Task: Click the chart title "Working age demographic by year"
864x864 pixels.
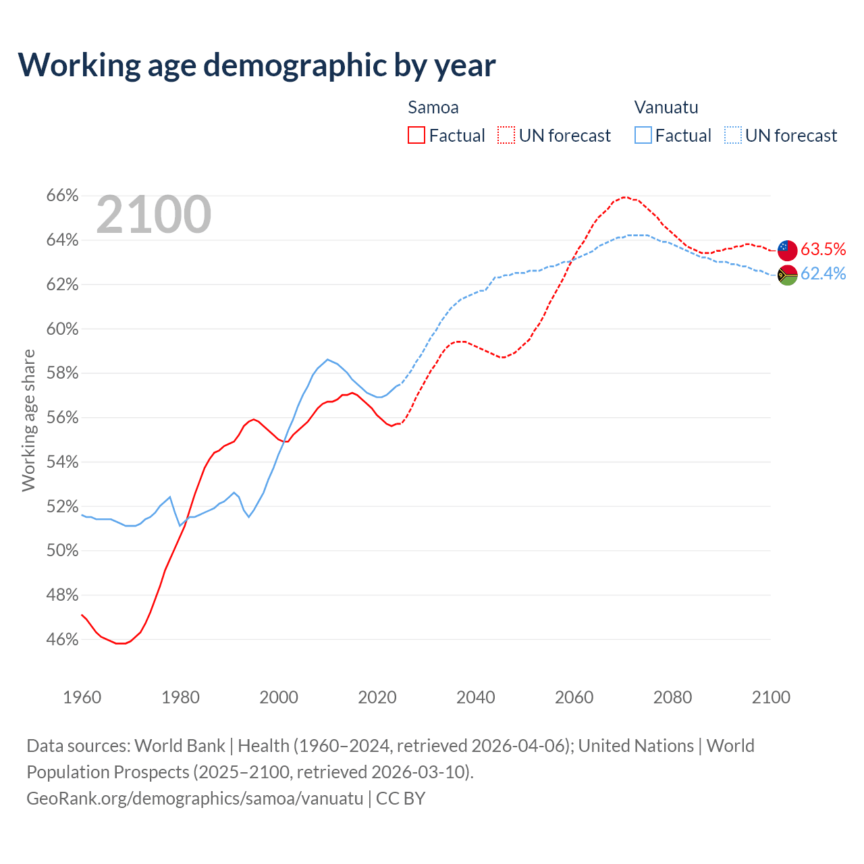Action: [256, 65]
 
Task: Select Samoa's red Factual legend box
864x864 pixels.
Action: [416, 136]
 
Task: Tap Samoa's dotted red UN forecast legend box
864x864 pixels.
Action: [506, 136]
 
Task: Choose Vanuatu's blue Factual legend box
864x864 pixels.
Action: [643, 136]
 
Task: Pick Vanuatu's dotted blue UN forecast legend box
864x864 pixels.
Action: [733, 136]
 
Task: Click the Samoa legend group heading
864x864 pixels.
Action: [433, 107]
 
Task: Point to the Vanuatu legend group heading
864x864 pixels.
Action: [666, 107]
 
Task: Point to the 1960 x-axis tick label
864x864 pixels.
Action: [82, 697]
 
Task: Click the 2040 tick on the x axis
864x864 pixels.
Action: [475, 697]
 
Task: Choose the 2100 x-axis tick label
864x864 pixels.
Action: [771, 697]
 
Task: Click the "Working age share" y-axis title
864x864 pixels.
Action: [28, 420]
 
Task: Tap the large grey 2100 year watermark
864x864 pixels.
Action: [154, 215]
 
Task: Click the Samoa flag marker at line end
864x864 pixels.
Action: [787, 250]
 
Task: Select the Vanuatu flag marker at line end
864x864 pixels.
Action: [787, 275]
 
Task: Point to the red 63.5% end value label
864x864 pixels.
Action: [823, 249]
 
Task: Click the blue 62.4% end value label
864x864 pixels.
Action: [823, 273]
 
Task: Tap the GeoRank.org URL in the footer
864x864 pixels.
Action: [195, 799]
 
